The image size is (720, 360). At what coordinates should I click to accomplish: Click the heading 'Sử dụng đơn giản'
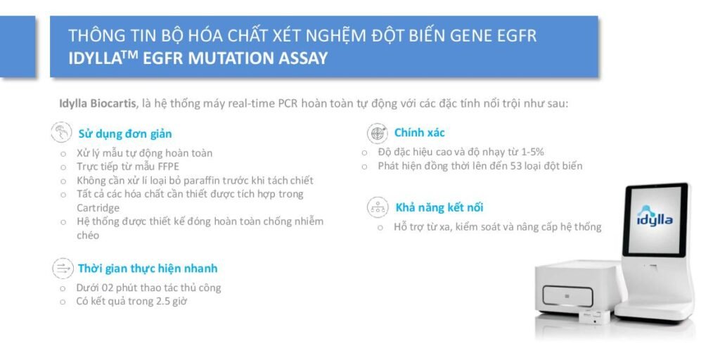(x=125, y=134)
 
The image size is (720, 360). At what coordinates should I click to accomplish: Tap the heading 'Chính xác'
(x=419, y=133)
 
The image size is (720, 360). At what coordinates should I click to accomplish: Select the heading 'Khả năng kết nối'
(x=439, y=207)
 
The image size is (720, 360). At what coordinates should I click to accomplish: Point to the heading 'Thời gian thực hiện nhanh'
(x=148, y=268)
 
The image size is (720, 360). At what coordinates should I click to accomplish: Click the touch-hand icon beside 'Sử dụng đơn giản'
(x=62, y=132)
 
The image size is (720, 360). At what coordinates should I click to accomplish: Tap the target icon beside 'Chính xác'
(x=378, y=133)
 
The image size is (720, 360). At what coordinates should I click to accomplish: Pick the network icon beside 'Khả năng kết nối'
(x=378, y=207)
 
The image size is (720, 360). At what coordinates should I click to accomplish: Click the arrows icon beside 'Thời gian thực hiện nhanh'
(x=63, y=268)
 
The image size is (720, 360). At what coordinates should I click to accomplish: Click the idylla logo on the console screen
(x=655, y=216)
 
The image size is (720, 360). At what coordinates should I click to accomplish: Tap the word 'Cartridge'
(x=98, y=208)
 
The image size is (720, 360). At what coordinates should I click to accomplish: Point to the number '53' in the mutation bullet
(x=515, y=166)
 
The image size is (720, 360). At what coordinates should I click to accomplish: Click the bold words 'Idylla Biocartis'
(x=97, y=103)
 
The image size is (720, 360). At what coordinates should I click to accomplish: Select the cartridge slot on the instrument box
(x=567, y=296)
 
